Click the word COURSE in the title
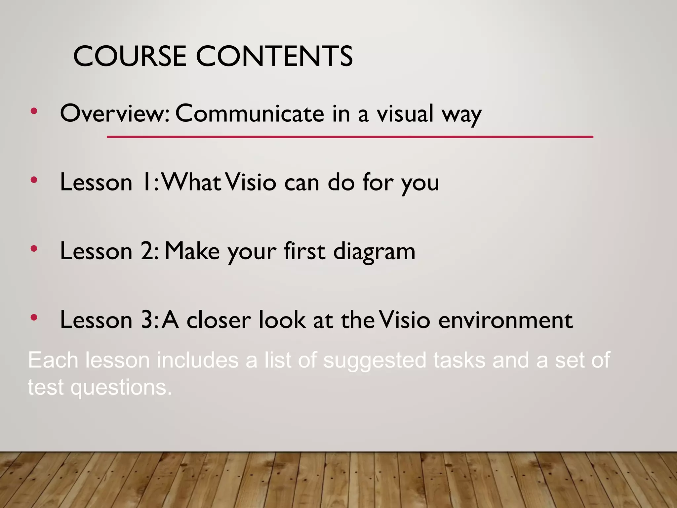(130, 56)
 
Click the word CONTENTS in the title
(274, 56)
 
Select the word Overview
(114, 113)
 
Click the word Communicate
(250, 113)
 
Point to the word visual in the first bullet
(405, 113)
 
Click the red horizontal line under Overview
(350, 137)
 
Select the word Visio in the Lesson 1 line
(252, 182)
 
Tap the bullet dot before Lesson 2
(33, 249)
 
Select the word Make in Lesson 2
(192, 251)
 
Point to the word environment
(505, 320)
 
